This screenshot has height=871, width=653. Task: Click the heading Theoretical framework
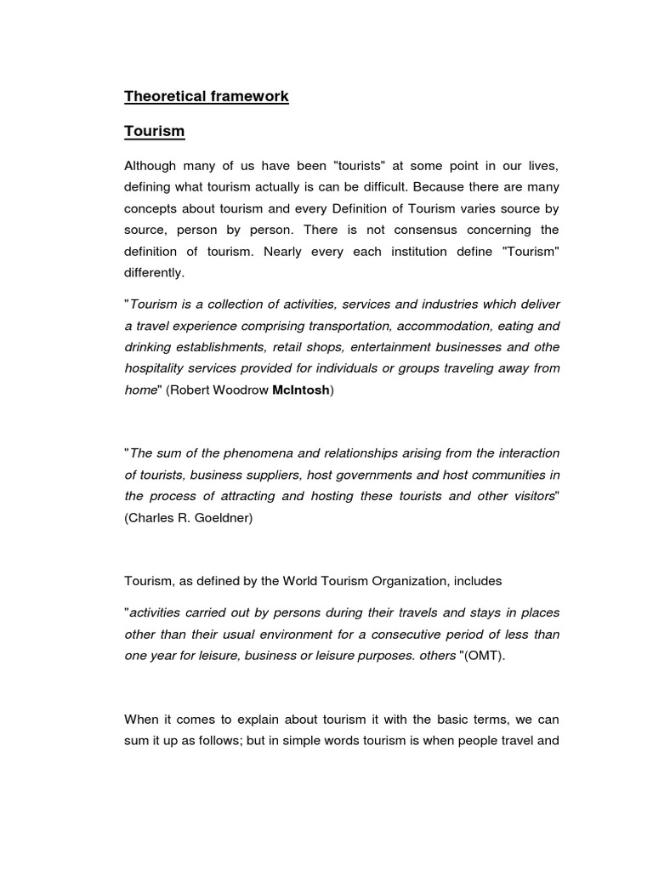click(206, 96)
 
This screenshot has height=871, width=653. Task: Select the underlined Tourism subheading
click(154, 132)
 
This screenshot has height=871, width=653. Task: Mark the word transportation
click(349, 326)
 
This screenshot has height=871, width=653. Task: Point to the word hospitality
click(156, 368)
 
